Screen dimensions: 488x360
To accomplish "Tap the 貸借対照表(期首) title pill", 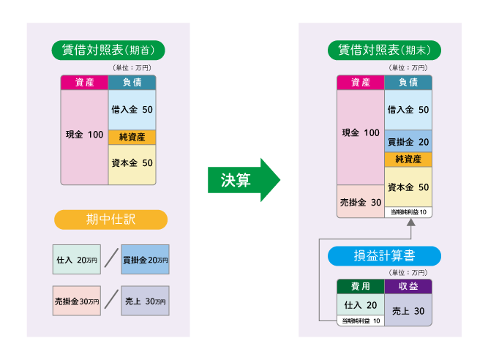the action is tap(108, 50).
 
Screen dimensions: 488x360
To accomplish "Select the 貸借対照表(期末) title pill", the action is tap(384, 50).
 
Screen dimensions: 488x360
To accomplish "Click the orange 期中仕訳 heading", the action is tap(110, 220).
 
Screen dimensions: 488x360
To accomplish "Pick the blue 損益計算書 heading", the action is tap(384, 256).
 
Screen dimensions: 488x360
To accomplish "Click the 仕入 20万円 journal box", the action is tap(77, 260).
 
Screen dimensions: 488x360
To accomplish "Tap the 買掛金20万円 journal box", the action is tap(145, 260).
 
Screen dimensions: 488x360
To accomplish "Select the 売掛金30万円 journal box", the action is tap(77, 301).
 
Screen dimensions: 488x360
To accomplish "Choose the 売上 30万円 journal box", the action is tap(145, 301).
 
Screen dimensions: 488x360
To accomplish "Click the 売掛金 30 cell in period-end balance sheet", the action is tap(361, 202).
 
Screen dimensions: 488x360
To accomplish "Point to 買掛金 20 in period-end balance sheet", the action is tap(408, 141).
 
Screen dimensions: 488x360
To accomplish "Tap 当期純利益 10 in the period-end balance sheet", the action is tap(408, 212).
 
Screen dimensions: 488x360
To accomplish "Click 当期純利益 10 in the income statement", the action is tap(361, 320).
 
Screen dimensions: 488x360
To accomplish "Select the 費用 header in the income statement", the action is tap(361, 286).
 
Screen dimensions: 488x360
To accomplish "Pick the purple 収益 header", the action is tap(408, 286).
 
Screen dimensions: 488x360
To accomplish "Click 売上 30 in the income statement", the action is tap(408, 310).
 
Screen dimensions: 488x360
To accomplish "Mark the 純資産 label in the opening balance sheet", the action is tap(132, 138).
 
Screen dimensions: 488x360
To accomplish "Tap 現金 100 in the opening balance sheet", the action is tap(84, 135).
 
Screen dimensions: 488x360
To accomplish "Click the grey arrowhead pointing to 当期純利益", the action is tap(411, 222).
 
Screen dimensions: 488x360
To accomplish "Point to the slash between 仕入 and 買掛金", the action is tap(111, 258).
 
